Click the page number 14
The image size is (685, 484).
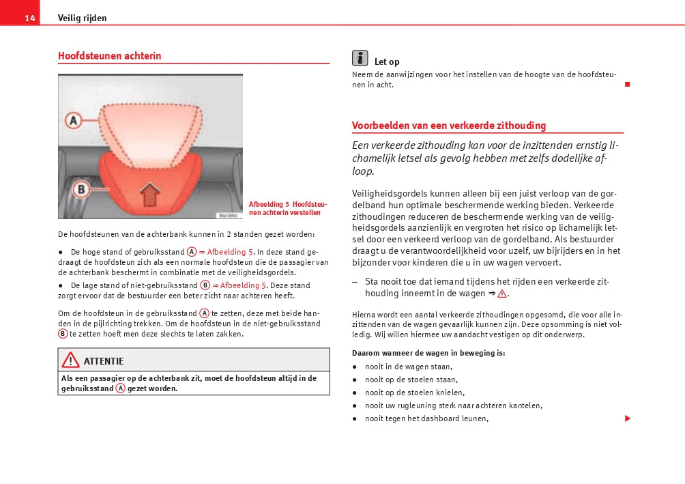pyautogui.click(x=29, y=18)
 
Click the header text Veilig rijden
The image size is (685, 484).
pyautogui.click(x=82, y=18)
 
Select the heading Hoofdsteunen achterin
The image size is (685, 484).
pyautogui.click(x=110, y=56)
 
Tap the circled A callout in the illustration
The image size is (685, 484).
pyautogui.click(x=73, y=121)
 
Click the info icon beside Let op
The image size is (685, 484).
pyautogui.click(x=360, y=59)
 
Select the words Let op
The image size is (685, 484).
pyautogui.click(x=387, y=62)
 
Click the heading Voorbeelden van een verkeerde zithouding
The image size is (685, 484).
pyautogui.click(x=449, y=126)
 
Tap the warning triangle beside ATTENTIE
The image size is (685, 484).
pyautogui.click(x=70, y=360)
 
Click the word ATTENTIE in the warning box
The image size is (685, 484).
pyautogui.click(x=104, y=361)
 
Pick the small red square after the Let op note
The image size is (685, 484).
pyautogui.click(x=627, y=84)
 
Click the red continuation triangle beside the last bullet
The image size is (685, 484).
pyautogui.click(x=627, y=418)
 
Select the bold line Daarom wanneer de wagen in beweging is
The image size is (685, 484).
pyautogui.click(x=428, y=353)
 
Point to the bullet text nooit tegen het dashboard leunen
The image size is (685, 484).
pyautogui.click(x=426, y=418)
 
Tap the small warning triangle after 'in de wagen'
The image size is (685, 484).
pyautogui.click(x=502, y=294)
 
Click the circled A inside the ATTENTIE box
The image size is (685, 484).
pyautogui.click(x=120, y=388)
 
